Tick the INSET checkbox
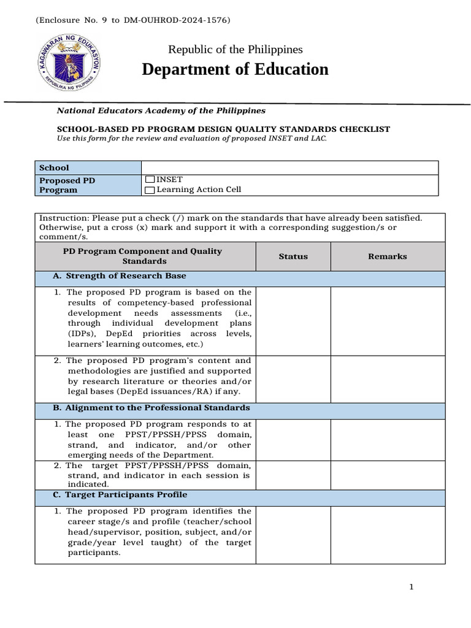(x=150, y=180)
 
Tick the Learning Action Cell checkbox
(x=150, y=190)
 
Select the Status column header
(x=293, y=256)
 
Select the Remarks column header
(x=387, y=256)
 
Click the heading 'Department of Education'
(x=235, y=69)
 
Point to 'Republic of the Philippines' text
(x=235, y=50)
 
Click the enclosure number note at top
(x=134, y=20)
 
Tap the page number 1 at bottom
(x=412, y=588)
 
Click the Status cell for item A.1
(x=293, y=321)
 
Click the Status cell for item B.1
(x=293, y=440)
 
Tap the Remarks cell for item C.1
(x=388, y=534)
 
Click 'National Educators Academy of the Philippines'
(x=161, y=110)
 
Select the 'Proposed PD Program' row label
(x=68, y=185)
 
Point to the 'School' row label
(x=54, y=167)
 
